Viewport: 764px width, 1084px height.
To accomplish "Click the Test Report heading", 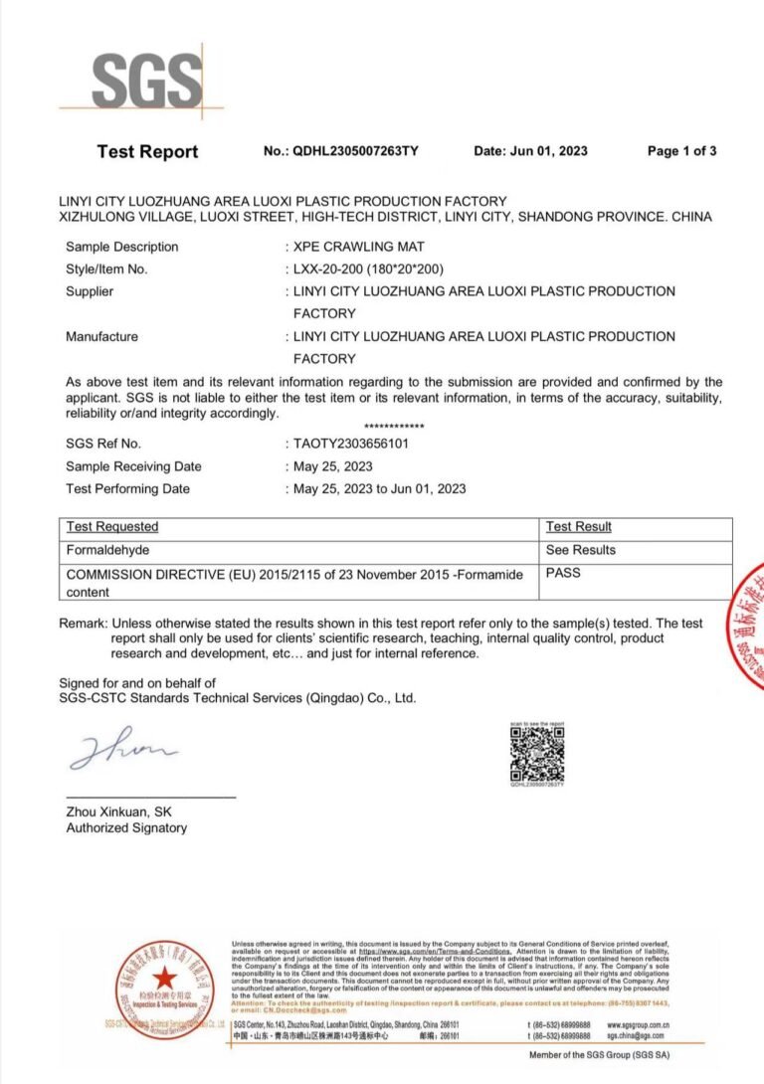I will [147, 151].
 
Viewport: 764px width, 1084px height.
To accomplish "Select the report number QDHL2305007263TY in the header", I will [355, 151].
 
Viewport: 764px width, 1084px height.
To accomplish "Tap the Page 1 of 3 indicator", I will [681, 151].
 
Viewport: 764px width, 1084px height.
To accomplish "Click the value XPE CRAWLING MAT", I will [353, 247].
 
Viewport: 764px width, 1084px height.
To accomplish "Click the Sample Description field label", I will [122, 247].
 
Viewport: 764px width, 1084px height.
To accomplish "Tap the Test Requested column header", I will [112, 527].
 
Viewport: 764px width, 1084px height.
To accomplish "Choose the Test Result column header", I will [579, 527].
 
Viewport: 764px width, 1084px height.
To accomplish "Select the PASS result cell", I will [563, 573].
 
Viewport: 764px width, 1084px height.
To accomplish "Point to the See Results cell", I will [581, 550].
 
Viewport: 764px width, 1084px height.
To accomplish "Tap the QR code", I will [537, 754].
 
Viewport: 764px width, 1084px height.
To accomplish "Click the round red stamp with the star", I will [163, 986].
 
